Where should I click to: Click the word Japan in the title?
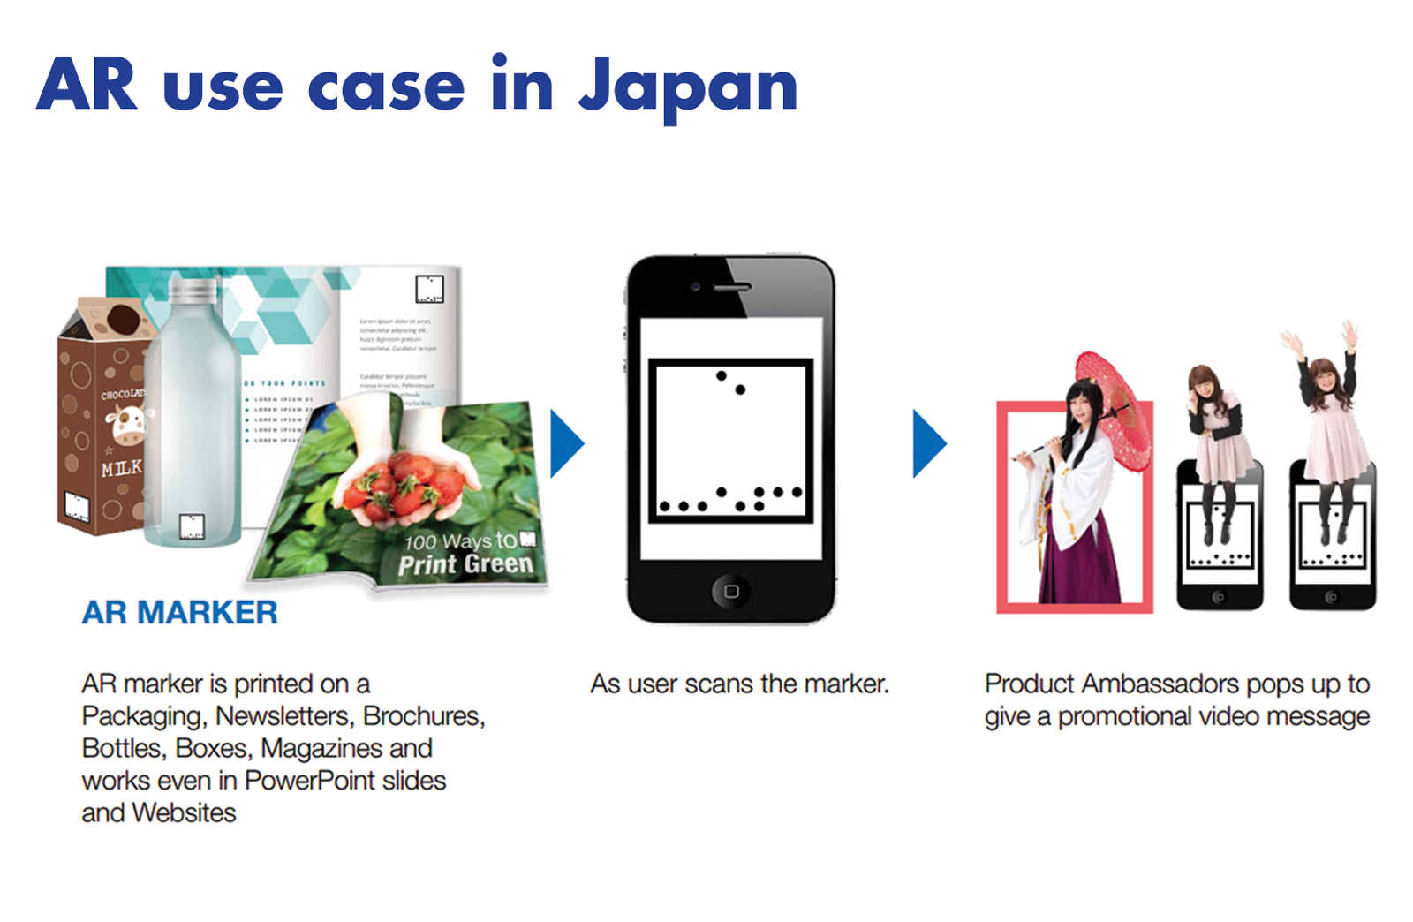(687, 87)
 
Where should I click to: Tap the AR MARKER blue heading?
(179, 612)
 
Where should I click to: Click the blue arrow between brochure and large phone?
(565, 443)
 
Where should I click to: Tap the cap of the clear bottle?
(193, 291)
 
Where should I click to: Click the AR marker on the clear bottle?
(192, 526)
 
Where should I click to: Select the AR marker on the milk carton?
(77, 507)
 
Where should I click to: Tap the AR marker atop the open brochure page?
(429, 289)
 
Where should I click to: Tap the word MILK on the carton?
(121, 469)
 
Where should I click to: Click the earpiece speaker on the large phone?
(731, 287)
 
